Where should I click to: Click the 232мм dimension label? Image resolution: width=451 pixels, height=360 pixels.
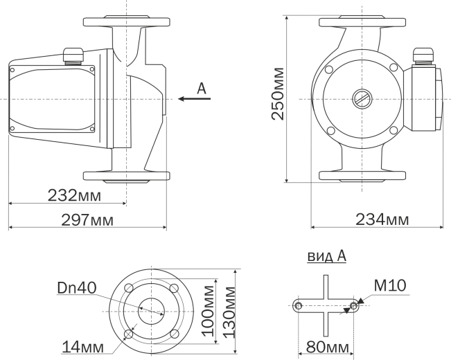tap(75, 195)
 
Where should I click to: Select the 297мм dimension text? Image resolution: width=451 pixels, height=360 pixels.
tap(87, 220)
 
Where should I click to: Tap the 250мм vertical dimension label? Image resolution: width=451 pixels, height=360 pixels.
tap(278, 93)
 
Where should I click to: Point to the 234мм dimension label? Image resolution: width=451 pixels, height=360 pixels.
tap(382, 219)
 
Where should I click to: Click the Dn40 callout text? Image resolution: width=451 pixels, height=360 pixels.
tap(77, 288)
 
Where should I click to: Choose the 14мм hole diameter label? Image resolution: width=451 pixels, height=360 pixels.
tap(83, 346)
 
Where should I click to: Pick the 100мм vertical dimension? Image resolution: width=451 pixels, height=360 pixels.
tap(208, 312)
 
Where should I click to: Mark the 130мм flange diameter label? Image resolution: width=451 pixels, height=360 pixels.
tap(229, 312)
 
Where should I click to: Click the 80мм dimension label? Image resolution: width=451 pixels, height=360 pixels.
tap(327, 347)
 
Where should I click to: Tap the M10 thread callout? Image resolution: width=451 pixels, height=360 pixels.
tap(390, 285)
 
